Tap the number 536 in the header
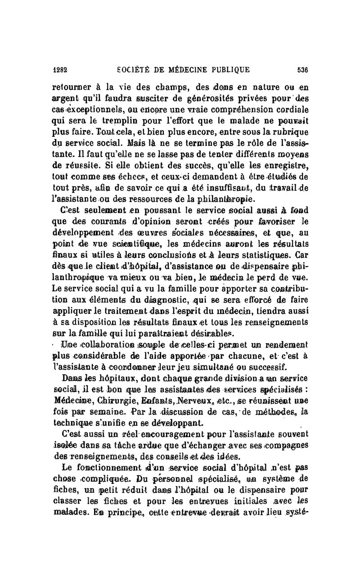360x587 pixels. (302, 70)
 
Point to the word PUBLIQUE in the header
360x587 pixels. (228, 70)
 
